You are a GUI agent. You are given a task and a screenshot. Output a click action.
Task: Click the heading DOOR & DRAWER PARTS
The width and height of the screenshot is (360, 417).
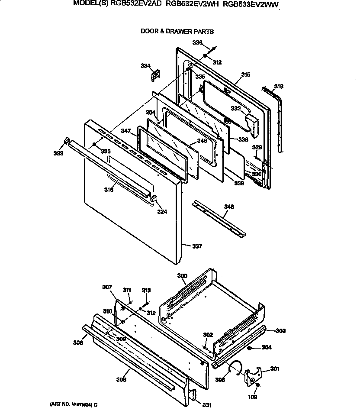pyautogui.click(x=177, y=32)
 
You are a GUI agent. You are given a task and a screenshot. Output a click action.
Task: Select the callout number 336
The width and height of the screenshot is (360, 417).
pyautogui.click(x=197, y=42)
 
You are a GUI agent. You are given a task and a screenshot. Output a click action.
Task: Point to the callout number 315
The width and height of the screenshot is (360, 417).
pyautogui.click(x=245, y=75)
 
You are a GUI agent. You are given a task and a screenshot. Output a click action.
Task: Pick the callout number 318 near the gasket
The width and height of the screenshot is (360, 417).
pyautogui.click(x=279, y=87)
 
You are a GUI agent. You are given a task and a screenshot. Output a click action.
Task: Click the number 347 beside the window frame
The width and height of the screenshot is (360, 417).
pyautogui.click(x=126, y=130)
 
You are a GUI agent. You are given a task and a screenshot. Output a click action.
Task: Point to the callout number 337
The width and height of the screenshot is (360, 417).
pyautogui.click(x=197, y=246)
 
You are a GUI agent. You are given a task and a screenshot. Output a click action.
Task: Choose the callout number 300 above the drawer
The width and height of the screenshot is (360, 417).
pyautogui.click(x=182, y=276)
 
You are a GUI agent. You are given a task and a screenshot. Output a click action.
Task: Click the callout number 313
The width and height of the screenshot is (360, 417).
pyautogui.click(x=146, y=290)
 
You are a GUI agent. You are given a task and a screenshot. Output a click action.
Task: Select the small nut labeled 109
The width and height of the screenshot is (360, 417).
pyautogui.click(x=258, y=385)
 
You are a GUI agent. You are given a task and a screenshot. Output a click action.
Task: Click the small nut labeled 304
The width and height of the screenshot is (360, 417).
pyautogui.click(x=250, y=348)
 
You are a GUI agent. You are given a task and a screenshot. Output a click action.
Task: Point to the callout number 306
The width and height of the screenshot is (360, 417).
pyautogui.click(x=121, y=380)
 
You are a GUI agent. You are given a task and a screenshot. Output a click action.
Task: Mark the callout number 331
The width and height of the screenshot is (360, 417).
pyautogui.click(x=207, y=405)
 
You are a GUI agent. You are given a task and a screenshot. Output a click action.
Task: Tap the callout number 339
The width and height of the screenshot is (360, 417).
pyautogui.click(x=239, y=183)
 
